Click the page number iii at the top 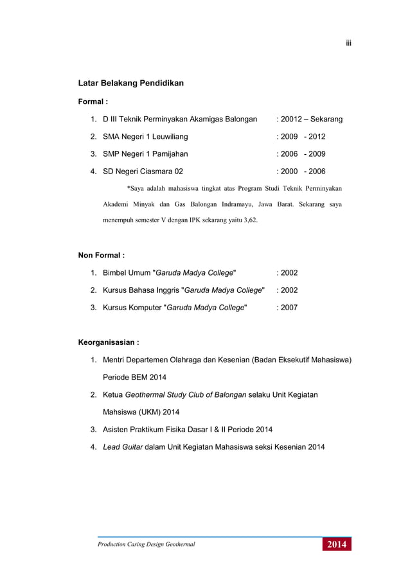(x=348, y=43)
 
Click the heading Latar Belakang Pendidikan (x=130, y=83)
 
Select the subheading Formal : (x=93, y=101)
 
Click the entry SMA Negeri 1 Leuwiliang (x=146, y=137)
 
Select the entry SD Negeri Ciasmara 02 (x=143, y=171)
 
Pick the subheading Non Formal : (x=101, y=256)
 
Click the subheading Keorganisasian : (x=109, y=342)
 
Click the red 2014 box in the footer (x=337, y=545)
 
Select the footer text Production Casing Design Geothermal (x=146, y=545)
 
